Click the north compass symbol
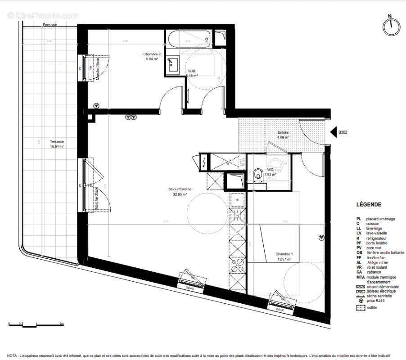(x=391, y=26)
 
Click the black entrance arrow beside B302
(x=334, y=132)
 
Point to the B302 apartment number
(x=343, y=133)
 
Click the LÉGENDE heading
(x=369, y=204)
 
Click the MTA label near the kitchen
(x=242, y=162)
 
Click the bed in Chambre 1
(x=273, y=243)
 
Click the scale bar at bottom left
(x=36, y=324)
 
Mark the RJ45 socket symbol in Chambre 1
(x=320, y=237)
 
